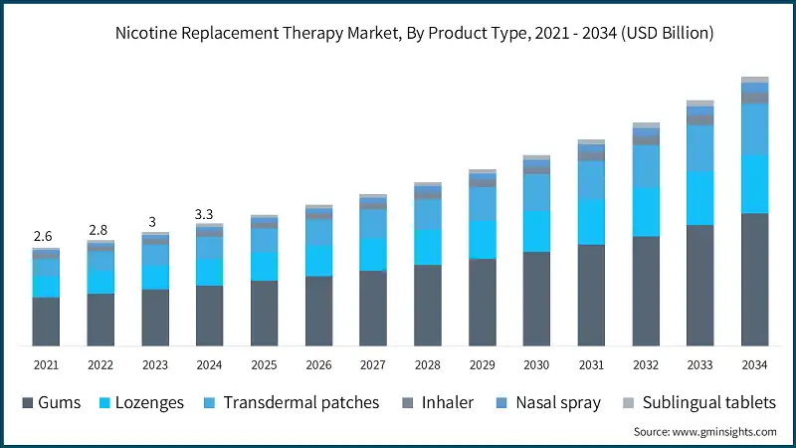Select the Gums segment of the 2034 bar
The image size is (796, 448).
[x=754, y=279]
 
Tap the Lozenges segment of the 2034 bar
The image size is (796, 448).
[x=754, y=183]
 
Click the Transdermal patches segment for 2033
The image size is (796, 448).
[x=699, y=147]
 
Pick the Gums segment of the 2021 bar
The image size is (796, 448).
[x=46, y=321]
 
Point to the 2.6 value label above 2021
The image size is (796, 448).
[x=44, y=236]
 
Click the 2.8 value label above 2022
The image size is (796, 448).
[x=99, y=230]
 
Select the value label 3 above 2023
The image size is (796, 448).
[x=153, y=222]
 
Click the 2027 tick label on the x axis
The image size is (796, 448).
[x=373, y=365]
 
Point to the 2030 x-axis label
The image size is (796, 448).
[x=537, y=365]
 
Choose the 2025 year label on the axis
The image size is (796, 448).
[x=264, y=365]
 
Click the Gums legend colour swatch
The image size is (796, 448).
[x=28, y=403]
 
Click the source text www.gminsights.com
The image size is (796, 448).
[x=704, y=432]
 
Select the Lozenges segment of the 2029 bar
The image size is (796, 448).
[x=482, y=239]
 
